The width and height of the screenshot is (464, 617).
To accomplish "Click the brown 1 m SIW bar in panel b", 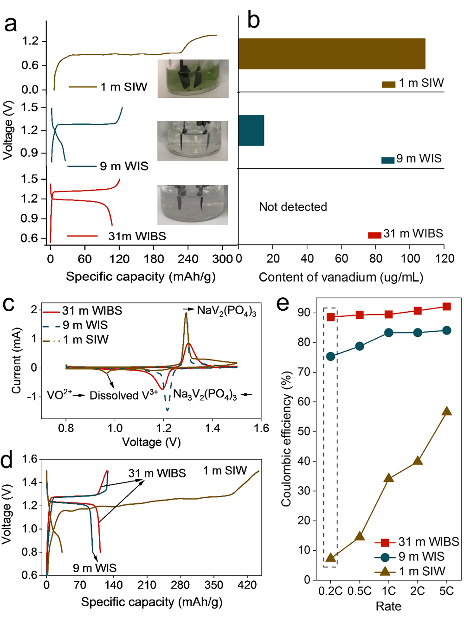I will click(x=332, y=54).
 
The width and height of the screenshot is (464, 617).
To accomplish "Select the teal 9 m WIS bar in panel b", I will click(x=251, y=130).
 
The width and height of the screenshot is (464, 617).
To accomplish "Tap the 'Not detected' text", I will click(x=293, y=207).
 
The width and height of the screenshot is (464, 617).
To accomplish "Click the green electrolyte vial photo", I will click(x=193, y=78).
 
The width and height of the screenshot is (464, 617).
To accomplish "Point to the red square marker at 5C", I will click(x=446, y=307).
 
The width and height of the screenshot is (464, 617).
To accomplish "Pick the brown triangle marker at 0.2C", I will click(x=330, y=557).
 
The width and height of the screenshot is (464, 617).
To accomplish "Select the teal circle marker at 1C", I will click(x=389, y=333).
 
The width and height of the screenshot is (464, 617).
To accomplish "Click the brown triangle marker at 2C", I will click(x=418, y=460).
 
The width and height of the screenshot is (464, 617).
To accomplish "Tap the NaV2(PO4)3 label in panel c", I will click(x=226, y=311).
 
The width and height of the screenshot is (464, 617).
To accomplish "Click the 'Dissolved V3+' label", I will click(x=123, y=396).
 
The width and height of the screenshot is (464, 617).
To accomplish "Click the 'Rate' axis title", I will click(x=388, y=606).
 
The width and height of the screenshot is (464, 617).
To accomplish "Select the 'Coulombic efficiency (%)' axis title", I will click(x=286, y=438).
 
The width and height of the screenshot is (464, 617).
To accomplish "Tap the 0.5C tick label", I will click(x=360, y=591).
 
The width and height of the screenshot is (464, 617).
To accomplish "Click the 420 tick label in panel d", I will click(x=247, y=585).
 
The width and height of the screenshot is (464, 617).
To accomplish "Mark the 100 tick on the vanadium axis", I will click(x=410, y=258).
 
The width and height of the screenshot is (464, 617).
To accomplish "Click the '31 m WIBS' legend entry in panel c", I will click(x=92, y=311).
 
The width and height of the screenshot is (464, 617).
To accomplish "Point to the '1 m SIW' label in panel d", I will click(x=225, y=471).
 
